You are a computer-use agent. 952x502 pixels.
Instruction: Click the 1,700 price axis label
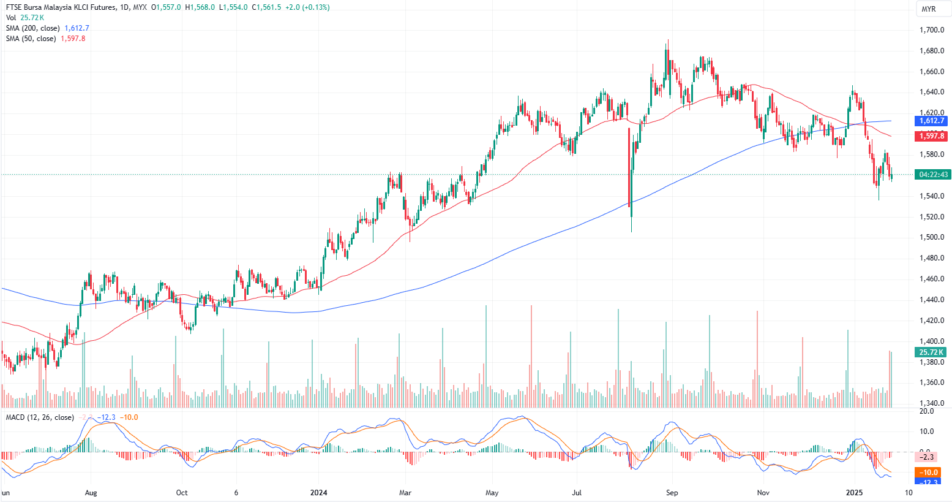click(x=932, y=30)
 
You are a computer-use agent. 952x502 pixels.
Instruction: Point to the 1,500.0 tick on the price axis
click(x=932, y=237)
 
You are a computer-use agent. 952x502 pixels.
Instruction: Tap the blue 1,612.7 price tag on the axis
click(x=931, y=121)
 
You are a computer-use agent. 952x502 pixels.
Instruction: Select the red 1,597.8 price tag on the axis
click(x=931, y=136)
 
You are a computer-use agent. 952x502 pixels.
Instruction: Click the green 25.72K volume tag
click(x=931, y=352)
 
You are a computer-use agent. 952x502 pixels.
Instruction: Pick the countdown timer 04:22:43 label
click(x=933, y=175)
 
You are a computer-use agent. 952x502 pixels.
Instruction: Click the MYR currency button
click(x=928, y=9)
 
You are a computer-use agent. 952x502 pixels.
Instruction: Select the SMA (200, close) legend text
click(x=33, y=28)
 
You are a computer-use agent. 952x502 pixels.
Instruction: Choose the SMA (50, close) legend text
click(x=31, y=39)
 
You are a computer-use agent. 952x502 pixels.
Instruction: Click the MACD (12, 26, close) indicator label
click(x=40, y=417)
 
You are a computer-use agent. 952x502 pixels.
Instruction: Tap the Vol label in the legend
click(x=11, y=18)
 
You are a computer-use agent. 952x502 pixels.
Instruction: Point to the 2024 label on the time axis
click(x=319, y=492)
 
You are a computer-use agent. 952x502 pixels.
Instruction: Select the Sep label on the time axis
click(x=672, y=492)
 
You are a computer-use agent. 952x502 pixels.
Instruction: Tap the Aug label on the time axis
click(x=91, y=492)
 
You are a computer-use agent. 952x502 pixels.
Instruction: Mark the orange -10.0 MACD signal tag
click(x=930, y=472)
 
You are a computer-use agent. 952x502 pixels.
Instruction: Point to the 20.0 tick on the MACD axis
click(x=928, y=411)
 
